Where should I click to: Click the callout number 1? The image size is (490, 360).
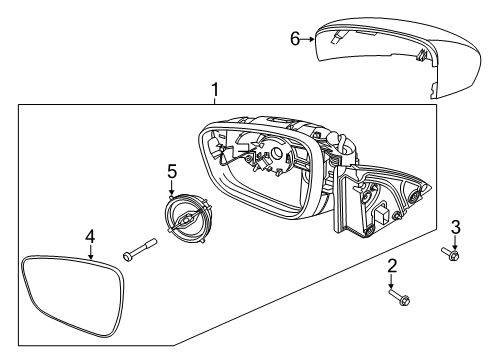point(214,92)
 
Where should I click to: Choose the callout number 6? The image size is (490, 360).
point(295,39)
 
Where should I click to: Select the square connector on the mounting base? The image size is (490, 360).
point(382,216)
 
